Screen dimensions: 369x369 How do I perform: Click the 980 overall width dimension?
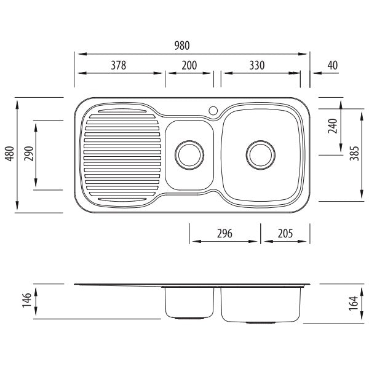tap(182, 46)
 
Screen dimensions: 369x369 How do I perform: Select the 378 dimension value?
tap(118, 65)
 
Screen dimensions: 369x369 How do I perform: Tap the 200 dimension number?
tap(189, 65)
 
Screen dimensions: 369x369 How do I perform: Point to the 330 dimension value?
tap(257, 65)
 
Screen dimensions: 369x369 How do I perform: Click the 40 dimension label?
tap(333, 65)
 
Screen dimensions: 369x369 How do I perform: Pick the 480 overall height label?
tap(10, 154)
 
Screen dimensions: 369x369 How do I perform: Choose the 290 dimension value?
tap(29, 154)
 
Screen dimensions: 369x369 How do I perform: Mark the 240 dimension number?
tap(333, 126)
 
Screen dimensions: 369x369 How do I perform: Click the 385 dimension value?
tap(354, 153)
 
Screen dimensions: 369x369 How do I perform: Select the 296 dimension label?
tap(224, 234)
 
